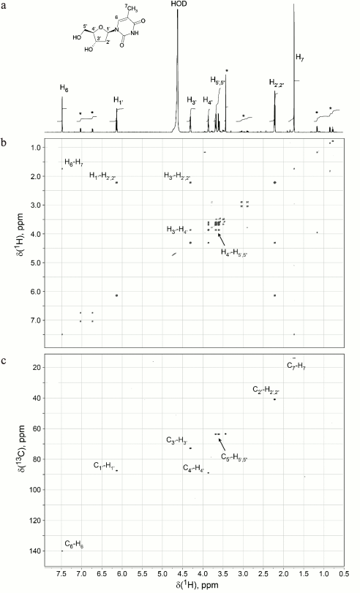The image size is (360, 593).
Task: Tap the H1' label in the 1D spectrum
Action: pos(119,100)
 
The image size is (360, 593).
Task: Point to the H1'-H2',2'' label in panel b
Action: pos(103,175)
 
